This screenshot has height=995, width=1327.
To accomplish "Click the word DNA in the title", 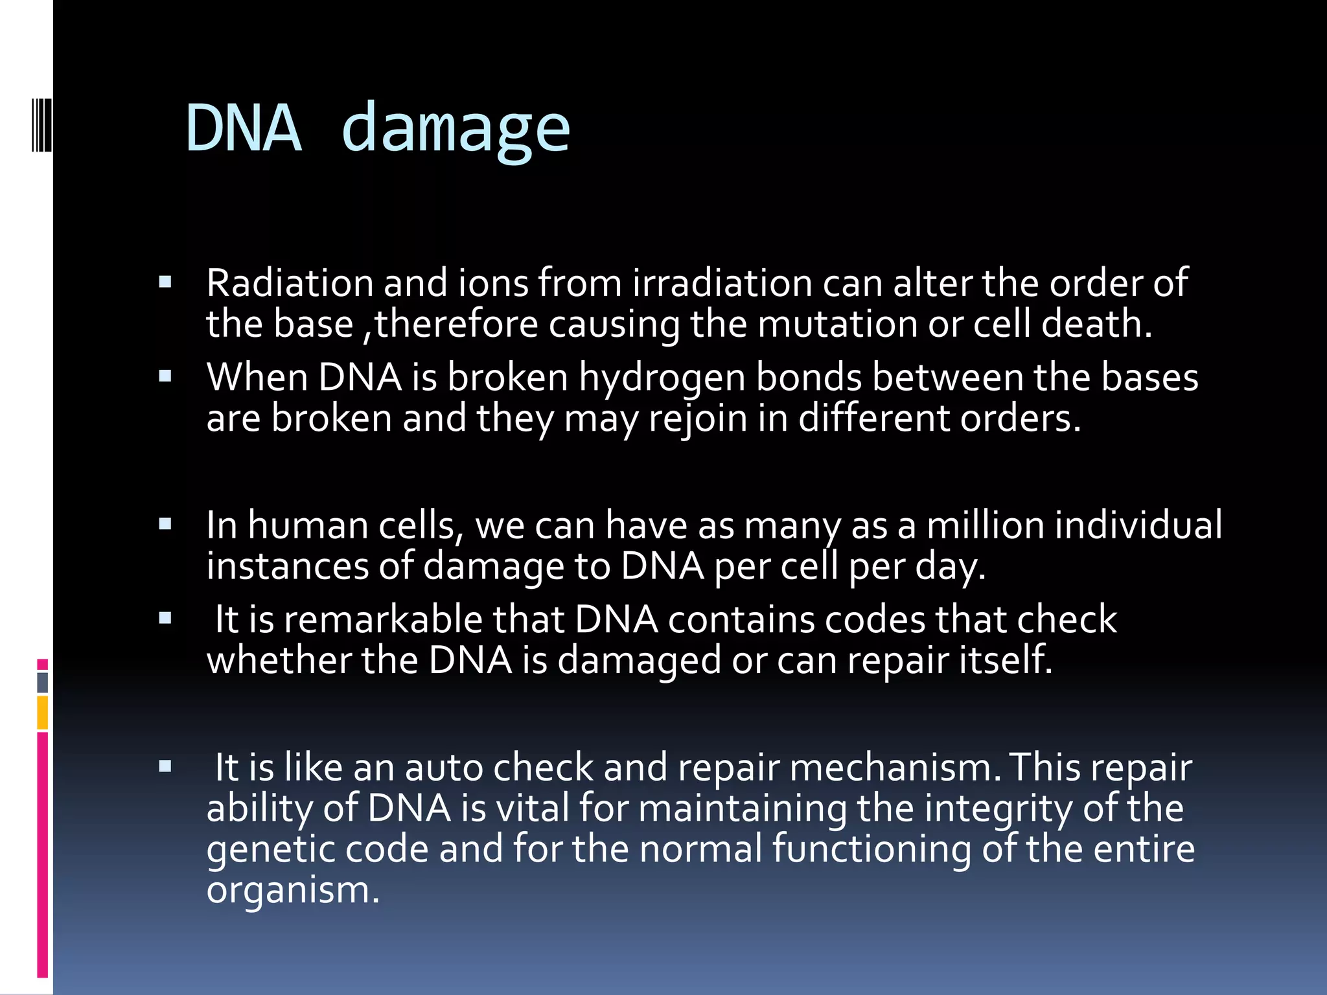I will click(244, 128).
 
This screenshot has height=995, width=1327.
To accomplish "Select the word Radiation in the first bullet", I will click(290, 283).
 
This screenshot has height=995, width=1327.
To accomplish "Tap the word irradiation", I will click(722, 283).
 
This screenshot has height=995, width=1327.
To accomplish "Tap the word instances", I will click(287, 566).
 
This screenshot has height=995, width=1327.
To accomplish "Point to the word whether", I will click(279, 660).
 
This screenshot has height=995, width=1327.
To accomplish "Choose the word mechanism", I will click(891, 768).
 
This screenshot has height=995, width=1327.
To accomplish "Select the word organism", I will click(292, 889).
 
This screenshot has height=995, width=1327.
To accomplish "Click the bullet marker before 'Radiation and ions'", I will click(165, 282).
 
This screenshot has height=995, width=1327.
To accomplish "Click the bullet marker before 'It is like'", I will click(165, 766).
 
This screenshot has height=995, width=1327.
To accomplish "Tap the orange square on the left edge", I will click(43, 713).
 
